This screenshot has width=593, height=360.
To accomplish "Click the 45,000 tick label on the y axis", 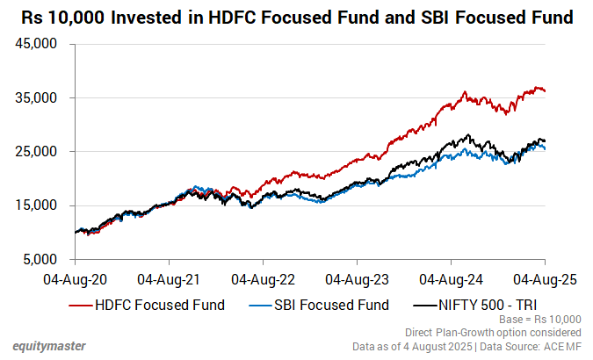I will (x=38, y=44).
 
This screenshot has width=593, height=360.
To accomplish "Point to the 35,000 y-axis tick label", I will (x=38, y=98).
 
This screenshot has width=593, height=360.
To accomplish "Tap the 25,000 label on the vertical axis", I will (x=38, y=152).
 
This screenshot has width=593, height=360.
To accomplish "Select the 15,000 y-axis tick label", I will (x=38, y=206).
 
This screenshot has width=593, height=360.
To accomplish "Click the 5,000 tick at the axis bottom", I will (x=41, y=260).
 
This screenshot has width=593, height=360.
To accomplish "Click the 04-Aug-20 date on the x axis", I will (x=76, y=279).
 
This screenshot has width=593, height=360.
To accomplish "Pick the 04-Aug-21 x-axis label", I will (x=170, y=279).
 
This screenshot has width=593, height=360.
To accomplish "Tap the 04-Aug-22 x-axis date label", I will (x=264, y=279).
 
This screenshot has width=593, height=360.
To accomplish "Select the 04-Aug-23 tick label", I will (x=358, y=279).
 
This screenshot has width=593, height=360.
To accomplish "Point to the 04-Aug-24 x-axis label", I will (x=452, y=279).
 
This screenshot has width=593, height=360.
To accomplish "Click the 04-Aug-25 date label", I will (x=545, y=279).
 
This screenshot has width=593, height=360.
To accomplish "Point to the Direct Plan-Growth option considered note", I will (x=492, y=333).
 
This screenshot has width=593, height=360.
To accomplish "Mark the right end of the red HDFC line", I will (x=545, y=90).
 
